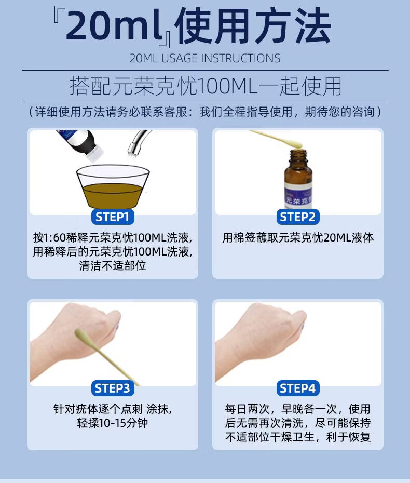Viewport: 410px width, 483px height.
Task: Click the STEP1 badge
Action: [113, 217]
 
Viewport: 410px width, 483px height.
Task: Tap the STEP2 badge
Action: [298, 217]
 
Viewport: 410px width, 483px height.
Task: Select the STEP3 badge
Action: [113, 388]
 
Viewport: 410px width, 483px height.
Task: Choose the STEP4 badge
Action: [298, 388]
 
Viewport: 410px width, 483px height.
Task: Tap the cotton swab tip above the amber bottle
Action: [295, 144]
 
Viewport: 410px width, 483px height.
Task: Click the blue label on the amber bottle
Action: [298, 194]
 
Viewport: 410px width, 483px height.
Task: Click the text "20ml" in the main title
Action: [114, 25]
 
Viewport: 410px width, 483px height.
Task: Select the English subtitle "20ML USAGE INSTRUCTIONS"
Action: [205, 58]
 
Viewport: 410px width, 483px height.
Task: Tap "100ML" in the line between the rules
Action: [227, 86]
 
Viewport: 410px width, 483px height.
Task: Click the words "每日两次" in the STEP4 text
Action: [247, 409]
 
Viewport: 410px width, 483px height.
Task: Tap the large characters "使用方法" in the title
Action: [254, 26]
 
